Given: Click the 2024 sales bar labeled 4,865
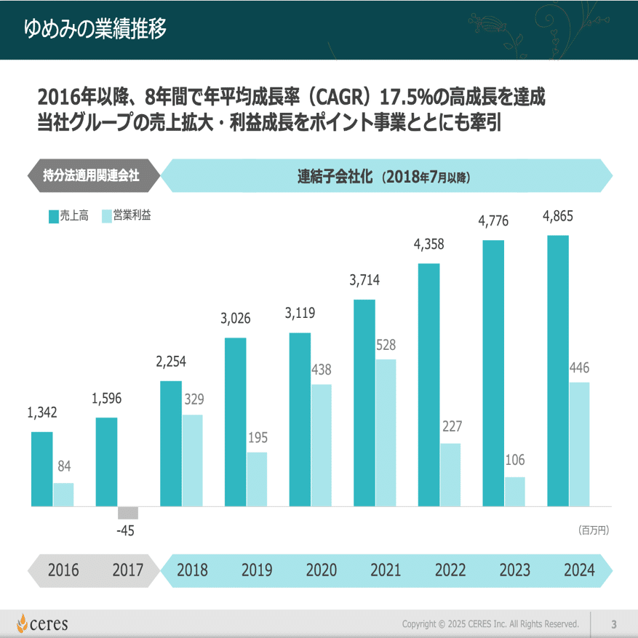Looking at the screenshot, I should [558, 370].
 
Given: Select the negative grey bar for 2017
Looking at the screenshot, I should [127, 512].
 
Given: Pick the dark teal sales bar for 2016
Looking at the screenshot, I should [42, 468].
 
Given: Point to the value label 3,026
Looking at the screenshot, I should [236, 318].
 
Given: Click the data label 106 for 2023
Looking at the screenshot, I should [515, 460].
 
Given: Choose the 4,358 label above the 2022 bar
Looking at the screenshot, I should [428, 244].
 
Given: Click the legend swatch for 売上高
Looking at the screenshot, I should [53, 216].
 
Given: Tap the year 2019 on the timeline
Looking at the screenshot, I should [257, 570].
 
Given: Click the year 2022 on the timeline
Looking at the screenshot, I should [450, 570].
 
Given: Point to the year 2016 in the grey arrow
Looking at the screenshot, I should [63, 570].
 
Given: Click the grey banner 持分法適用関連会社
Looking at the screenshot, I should [91, 175].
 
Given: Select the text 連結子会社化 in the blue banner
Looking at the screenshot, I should [335, 175].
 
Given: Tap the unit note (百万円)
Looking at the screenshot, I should [594, 530].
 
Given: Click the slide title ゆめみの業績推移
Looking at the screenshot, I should [95, 28].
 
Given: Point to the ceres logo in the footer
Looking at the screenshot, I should [43, 623].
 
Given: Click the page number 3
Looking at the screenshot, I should [613, 623].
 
